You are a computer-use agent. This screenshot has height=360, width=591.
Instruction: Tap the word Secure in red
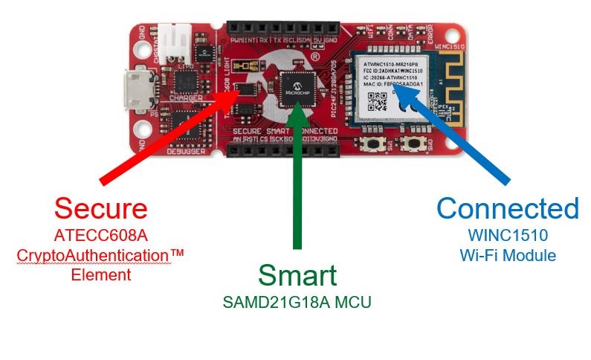[100, 208]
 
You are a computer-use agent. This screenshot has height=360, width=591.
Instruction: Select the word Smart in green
[297, 275]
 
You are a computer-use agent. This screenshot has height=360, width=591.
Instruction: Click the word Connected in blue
[508, 208]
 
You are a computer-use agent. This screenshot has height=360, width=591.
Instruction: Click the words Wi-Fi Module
[508, 255]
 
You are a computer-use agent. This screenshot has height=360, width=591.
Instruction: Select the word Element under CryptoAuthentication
[100, 274]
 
